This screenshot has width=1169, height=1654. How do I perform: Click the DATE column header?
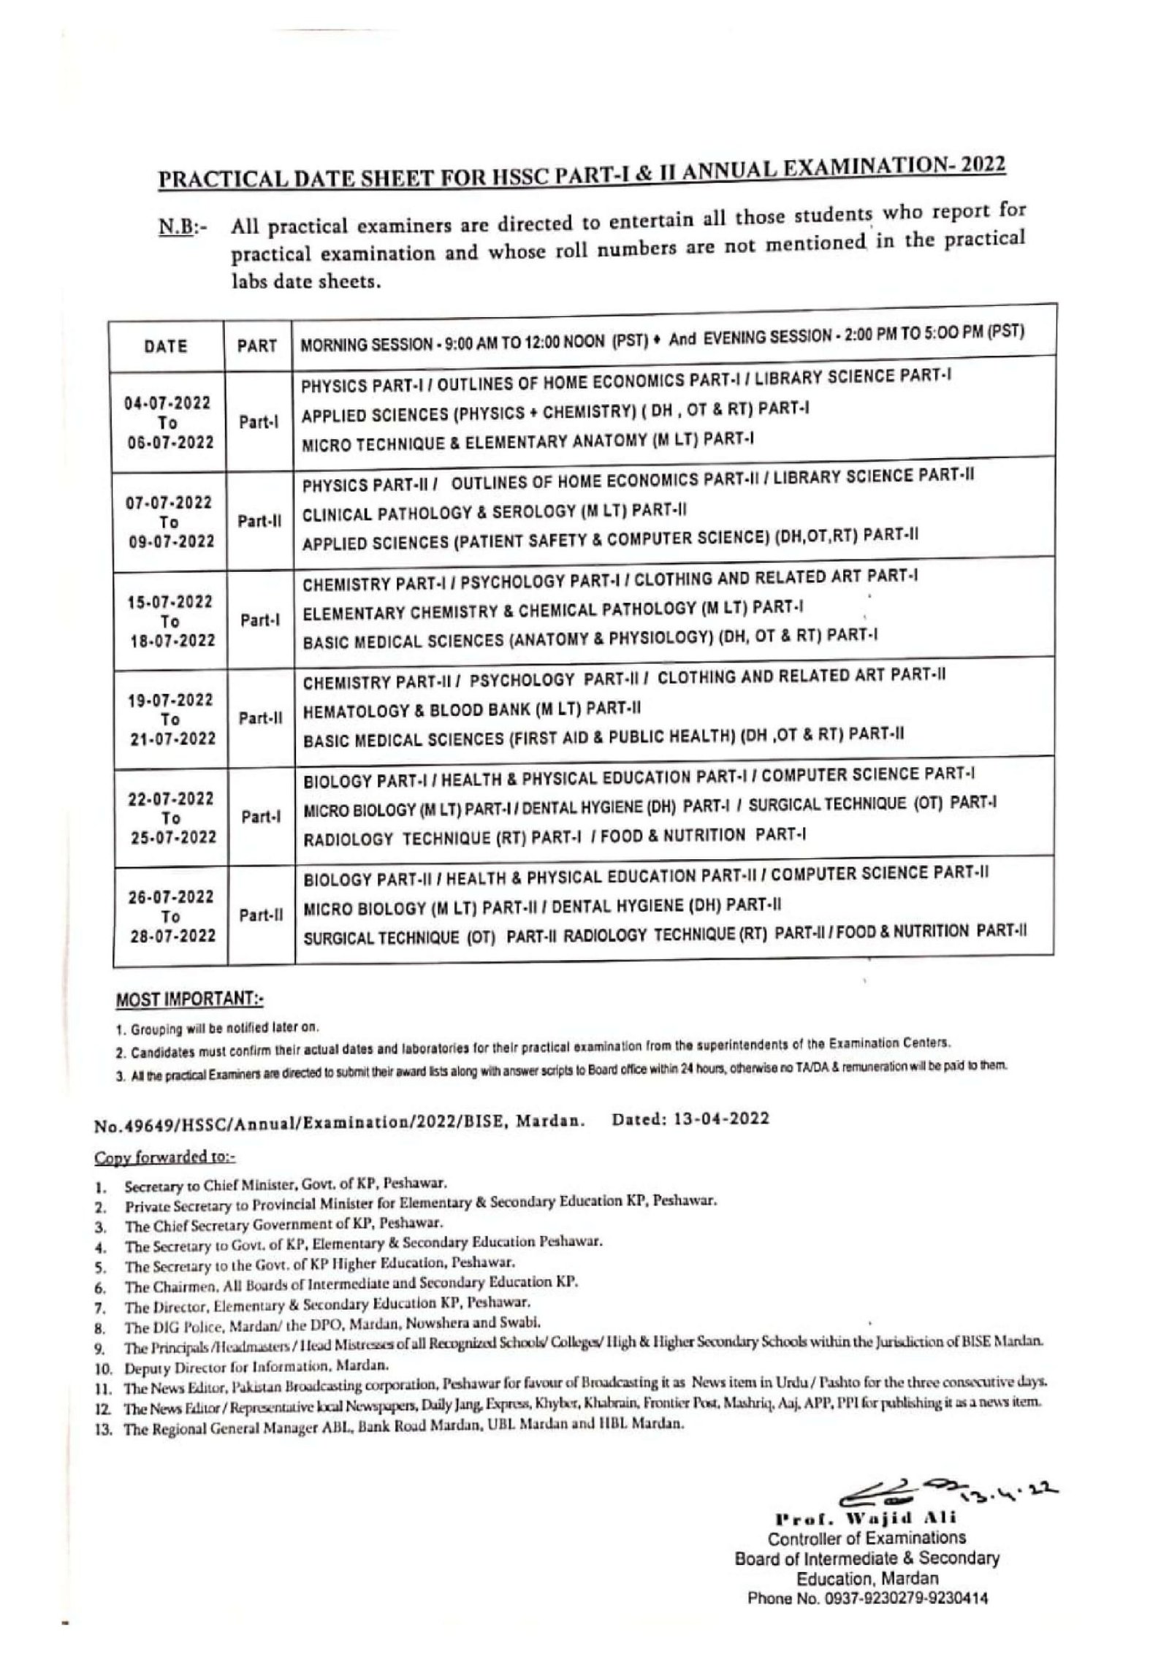pyautogui.click(x=166, y=346)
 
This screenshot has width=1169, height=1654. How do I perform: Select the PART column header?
pyautogui.click(x=256, y=346)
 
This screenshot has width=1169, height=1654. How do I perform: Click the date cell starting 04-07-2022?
pyautogui.click(x=168, y=423)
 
